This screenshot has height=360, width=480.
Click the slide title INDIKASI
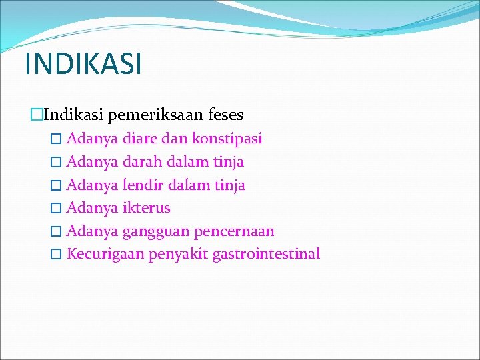coord(83,64)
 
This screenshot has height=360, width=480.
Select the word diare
coord(138,139)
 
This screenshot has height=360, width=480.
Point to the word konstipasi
coord(227,139)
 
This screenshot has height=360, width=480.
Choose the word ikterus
coord(147,208)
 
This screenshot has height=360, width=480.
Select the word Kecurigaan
coord(106,254)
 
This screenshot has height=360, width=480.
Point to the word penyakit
coord(178,254)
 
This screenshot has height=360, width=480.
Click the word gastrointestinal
coord(266,254)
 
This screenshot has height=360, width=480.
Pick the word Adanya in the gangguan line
coord(93,231)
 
